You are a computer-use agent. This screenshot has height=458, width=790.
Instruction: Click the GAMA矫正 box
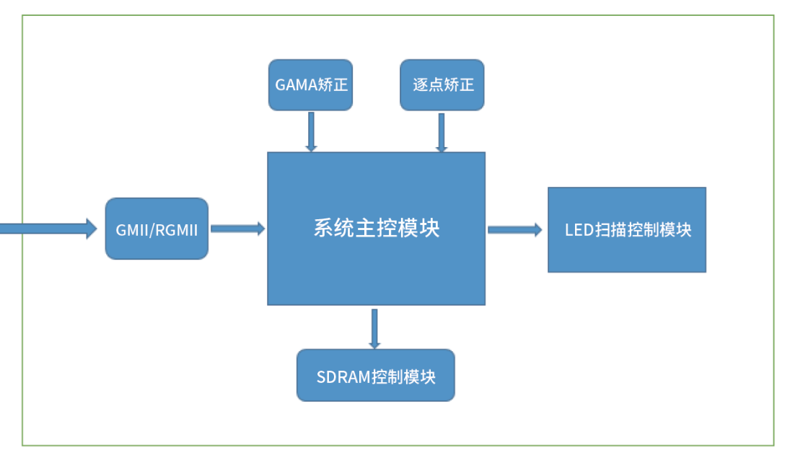click(310, 84)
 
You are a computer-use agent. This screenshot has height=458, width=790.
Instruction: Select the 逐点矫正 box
click(442, 84)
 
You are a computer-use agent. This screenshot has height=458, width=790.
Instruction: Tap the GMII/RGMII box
click(157, 229)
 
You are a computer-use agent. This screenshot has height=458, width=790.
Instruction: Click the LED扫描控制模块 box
click(627, 230)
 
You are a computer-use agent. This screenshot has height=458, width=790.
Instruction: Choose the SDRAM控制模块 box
click(376, 375)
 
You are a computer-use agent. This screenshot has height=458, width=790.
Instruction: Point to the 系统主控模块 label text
click(377, 228)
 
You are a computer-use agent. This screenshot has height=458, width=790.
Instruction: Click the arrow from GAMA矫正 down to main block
click(312, 131)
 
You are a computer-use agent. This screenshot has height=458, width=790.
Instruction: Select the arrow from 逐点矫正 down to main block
click(442, 133)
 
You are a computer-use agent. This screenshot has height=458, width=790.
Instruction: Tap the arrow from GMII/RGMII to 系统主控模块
click(238, 229)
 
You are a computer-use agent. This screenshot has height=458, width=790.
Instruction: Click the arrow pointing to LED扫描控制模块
click(515, 230)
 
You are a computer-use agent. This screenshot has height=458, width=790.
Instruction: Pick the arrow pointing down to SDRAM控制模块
click(374, 328)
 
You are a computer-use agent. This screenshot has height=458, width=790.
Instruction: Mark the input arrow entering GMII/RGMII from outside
click(48, 229)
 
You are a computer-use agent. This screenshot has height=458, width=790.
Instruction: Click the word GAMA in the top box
click(297, 84)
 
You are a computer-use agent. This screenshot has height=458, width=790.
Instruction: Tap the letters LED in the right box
click(579, 230)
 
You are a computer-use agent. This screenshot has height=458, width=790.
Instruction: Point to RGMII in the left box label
click(176, 230)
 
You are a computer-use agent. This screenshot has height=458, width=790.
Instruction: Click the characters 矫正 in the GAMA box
click(333, 84)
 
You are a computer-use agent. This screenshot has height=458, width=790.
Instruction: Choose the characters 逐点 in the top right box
click(428, 84)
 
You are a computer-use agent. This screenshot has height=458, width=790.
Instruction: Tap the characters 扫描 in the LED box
click(611, 230)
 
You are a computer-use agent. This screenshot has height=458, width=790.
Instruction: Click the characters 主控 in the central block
click(377, 228)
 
